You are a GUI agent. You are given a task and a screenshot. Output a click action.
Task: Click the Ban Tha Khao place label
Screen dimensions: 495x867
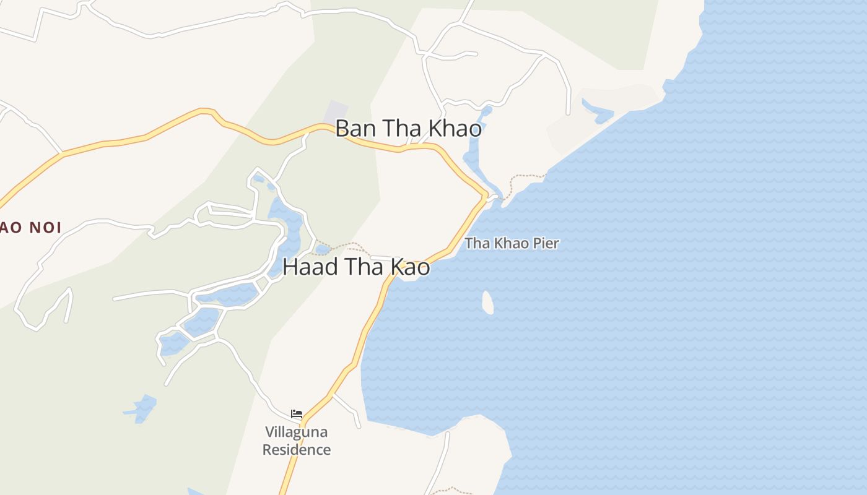click(408, 129)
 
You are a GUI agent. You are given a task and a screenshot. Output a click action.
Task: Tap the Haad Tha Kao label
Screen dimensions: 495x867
click(356, 267)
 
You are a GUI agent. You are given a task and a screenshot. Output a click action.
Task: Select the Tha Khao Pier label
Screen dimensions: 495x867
click(512, 243)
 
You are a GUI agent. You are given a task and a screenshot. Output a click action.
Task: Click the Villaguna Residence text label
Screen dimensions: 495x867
click(296, 441)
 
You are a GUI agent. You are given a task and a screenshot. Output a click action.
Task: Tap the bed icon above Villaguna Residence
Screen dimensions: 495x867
click(297, 414)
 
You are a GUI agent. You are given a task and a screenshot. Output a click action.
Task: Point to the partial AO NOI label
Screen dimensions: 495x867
click(30, 228)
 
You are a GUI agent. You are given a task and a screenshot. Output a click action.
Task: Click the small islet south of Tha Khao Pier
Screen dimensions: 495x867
click(488, 302)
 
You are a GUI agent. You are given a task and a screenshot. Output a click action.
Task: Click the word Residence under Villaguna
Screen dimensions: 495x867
click(296, 450)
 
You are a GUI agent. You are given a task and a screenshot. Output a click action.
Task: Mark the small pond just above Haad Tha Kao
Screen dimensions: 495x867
click(323, 249)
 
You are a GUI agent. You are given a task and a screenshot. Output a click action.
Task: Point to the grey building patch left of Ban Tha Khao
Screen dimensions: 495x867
click(335, 111)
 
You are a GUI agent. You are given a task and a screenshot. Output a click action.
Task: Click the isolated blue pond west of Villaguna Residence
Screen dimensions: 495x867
click(144, 408)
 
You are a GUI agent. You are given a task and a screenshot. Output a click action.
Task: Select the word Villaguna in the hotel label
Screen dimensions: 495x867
click(296, 432)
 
